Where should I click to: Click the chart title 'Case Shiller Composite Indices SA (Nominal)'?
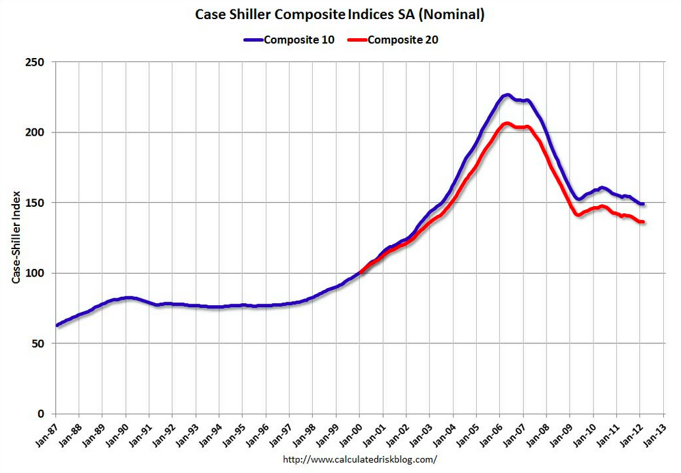(339, 14)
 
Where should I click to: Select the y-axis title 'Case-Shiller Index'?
(14, 238)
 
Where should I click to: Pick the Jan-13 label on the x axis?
(652, 431)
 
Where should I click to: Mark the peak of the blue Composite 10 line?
(506, 95)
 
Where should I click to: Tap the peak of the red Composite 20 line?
(506, 124)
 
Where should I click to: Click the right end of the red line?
(643, 222)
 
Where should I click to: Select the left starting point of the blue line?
(57, 325)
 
